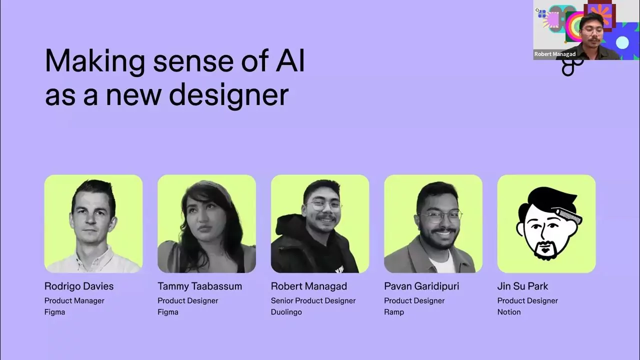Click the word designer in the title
pyautogui.click(x=229, y=95)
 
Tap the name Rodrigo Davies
pyautogui.click(x=79, y=286)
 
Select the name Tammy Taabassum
pyautogui.click(x=199, y=286)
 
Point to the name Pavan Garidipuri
pyautogui.click(x=421, y=286)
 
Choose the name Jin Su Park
pyautogui.click(x=522, y=286)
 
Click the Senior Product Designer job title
pyautogui.click(x=313, y=301)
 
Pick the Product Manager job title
pyautogui.click(x=74, y=301)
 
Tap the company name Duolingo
pyautogui.click(x=286, y=312)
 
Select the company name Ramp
pyautogui.click(x=394, y=312)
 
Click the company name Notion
pyautogui.click(x=509, y=312)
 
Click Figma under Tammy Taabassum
pyautogui.click(x=168, y=312)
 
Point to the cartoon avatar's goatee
pyautogui.click(x=545, y=249)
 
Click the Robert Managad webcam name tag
pyautogui.click(x=555, y=54)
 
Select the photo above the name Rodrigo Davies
pyautogui.click(x=93, y=223)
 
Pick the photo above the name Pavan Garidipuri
pyautogui.click(x=433, y=223)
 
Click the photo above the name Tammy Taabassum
pyautogui.click(x=206, y=223)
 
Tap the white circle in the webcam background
pyautogui.click(x=622, y=43)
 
